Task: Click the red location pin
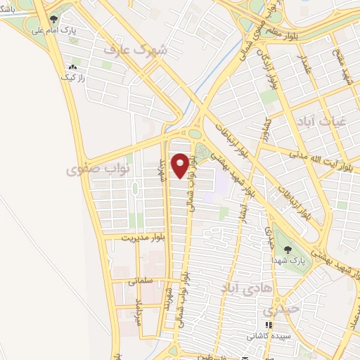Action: [x=181, y=165]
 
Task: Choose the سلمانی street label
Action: [x=140, y=280]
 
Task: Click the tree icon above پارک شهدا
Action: [x=286, y=248]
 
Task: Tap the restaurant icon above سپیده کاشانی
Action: [x=268, y=326]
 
